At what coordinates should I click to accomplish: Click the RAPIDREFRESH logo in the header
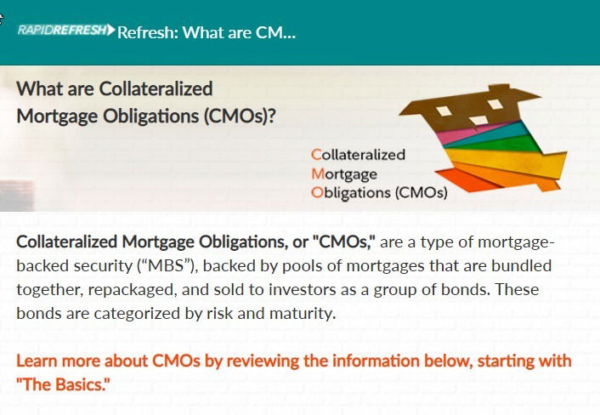pos(65,30)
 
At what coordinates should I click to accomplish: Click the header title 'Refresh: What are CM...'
pos(207,32)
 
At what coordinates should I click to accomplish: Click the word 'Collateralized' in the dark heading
pos(156,88)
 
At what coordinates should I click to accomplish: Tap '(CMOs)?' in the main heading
pos(240,116)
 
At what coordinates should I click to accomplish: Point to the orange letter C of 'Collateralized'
pos(316,155)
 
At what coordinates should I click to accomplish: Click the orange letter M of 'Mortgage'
pos(318,173)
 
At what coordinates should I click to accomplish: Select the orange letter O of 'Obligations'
pos(317,192)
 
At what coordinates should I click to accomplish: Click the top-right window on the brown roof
pos(495,104)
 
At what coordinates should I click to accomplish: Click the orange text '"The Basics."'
pos(63,384)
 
